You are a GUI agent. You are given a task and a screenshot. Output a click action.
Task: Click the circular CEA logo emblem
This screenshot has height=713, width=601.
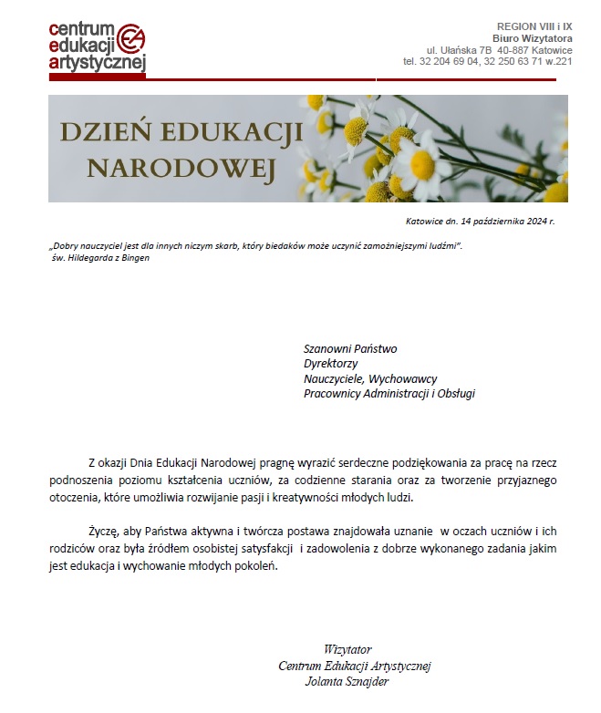click(x=130, y=40)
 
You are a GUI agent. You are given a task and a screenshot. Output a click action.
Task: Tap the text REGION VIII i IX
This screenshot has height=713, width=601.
click(x=534, y=26)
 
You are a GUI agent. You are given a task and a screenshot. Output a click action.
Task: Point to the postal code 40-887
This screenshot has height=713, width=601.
click(x=514, y=49)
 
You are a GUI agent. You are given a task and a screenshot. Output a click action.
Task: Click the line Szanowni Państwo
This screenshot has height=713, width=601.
click(x=350, y=348)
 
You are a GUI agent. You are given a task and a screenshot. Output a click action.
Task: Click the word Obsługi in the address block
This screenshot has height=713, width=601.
click(x=454, y=394)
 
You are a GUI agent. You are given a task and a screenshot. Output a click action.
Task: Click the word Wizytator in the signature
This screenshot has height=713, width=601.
click(x=347, y=649)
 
